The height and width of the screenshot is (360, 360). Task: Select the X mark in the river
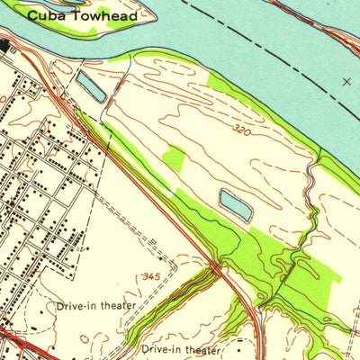(347, 81)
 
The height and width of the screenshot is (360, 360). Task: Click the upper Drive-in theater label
(95, 306)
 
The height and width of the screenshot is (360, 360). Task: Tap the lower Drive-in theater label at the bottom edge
(181, 348)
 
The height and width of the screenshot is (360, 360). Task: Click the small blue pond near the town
(90, 86)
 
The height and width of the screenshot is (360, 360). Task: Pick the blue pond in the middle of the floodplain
(235, 205)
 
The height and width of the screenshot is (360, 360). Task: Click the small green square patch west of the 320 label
(174, 159)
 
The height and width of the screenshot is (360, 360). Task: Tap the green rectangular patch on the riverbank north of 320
(222, 83)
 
